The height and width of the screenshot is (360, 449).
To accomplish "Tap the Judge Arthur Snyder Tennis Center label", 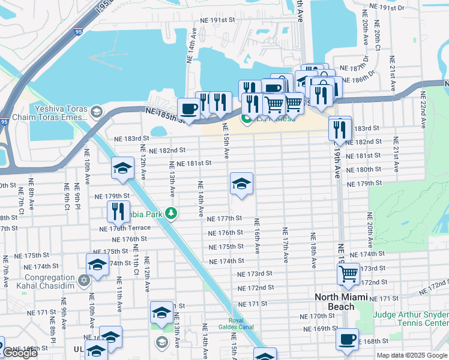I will [410, 319].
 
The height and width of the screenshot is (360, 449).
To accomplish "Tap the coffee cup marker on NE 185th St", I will [189, 109].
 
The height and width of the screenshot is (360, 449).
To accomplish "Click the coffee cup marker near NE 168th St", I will [347, 339].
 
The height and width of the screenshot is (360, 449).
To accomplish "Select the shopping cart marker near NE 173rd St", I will [349, 274].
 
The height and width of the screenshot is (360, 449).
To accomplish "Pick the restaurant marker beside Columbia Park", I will [116, 211].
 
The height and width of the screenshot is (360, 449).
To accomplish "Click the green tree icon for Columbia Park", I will [172, 213].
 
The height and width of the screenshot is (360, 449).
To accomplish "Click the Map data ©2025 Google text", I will [412, 355].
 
